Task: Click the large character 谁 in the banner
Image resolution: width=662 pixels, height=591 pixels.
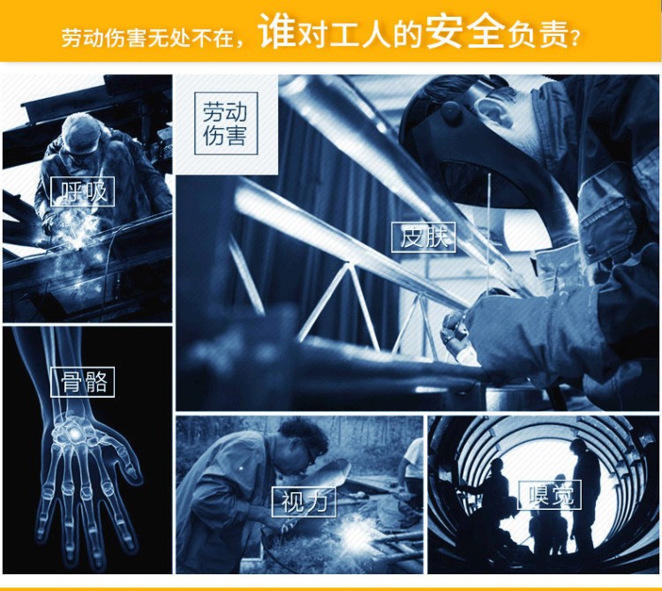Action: tap(275, 31)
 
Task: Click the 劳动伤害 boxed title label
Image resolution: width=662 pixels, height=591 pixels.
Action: tap(226, 123)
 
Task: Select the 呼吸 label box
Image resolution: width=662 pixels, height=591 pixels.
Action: tap(82, 192)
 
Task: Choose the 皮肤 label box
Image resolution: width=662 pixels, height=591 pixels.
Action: tap(424, 237)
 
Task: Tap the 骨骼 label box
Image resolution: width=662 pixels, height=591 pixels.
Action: tap(82, 382)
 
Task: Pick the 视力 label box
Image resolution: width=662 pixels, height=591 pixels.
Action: tap(304, 502)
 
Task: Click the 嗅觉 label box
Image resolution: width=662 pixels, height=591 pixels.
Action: tap(549, 494)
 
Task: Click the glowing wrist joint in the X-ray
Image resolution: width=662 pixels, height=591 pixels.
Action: tap(74, 433)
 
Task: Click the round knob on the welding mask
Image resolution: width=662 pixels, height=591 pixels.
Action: tap(450, 110)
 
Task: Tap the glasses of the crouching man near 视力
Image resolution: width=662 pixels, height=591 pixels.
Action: tap(311, 453)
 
